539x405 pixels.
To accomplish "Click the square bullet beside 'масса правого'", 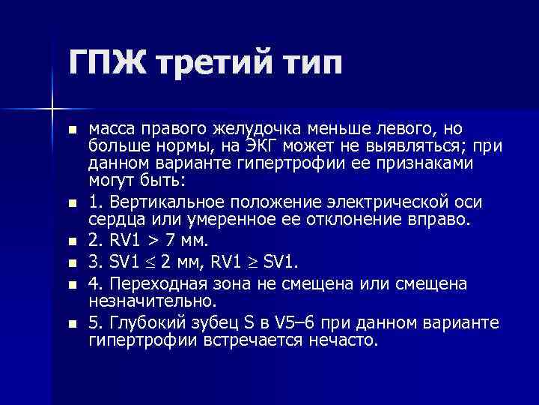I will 71,130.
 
